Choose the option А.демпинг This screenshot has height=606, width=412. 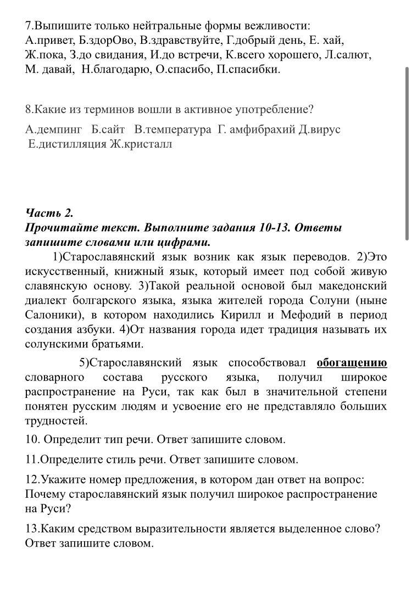pyautogui.click(x=53, y=130)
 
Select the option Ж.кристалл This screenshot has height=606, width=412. pyautogui.click(x=141, y=144)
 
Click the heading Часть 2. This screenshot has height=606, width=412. pyautogui.click(x=49, y=213)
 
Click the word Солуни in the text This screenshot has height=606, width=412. pyautogui.click(x=328, y=301)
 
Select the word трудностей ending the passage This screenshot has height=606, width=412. pyautogui.click(x=56, y=421)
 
